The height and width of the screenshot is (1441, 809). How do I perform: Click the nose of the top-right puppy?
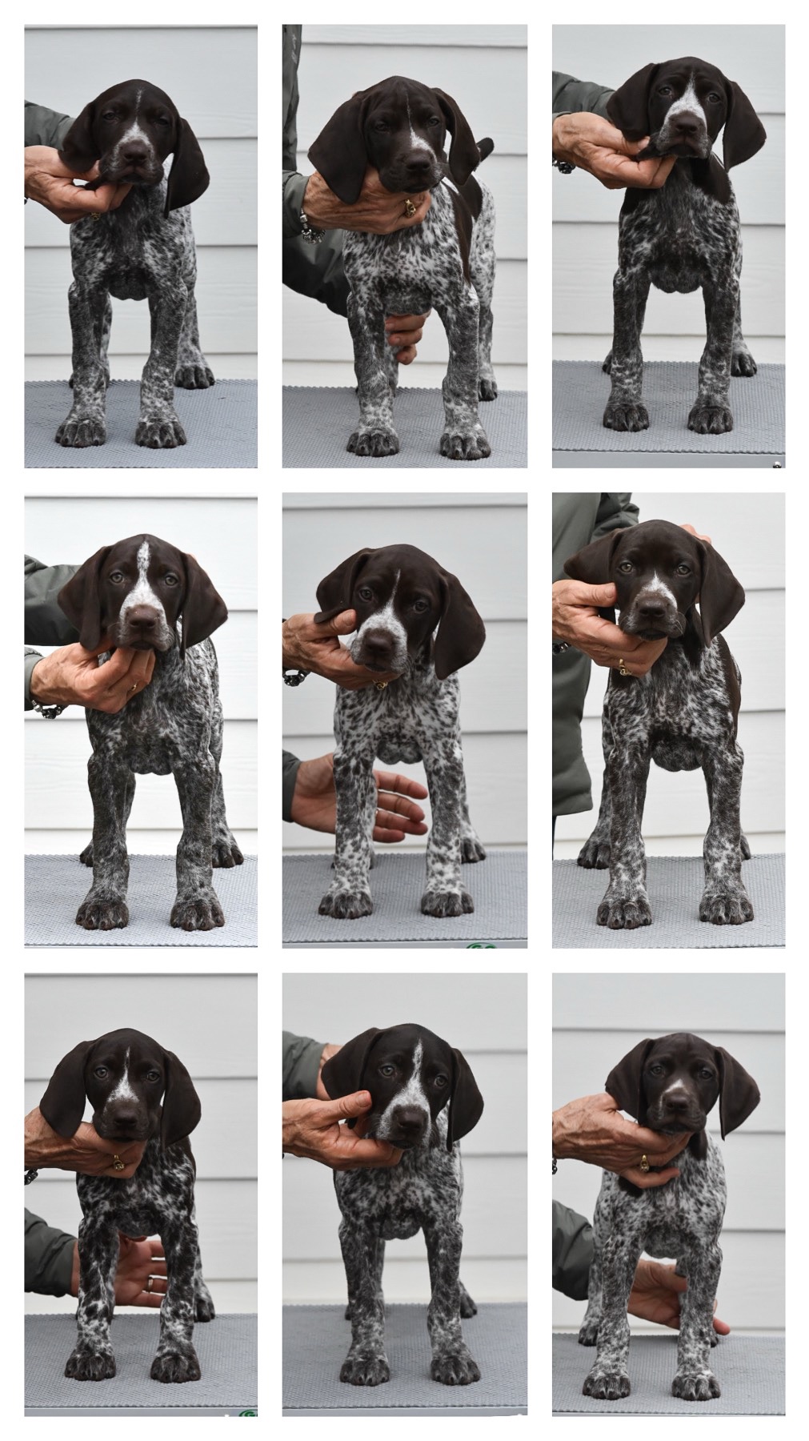686,126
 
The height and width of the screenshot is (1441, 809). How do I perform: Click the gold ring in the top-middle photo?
410,210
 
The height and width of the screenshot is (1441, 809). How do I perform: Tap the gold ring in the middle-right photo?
622,667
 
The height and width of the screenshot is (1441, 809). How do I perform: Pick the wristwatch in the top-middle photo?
310,229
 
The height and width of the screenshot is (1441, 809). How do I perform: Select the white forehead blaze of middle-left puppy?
142,570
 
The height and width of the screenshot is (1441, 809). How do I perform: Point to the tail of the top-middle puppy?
483,146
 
